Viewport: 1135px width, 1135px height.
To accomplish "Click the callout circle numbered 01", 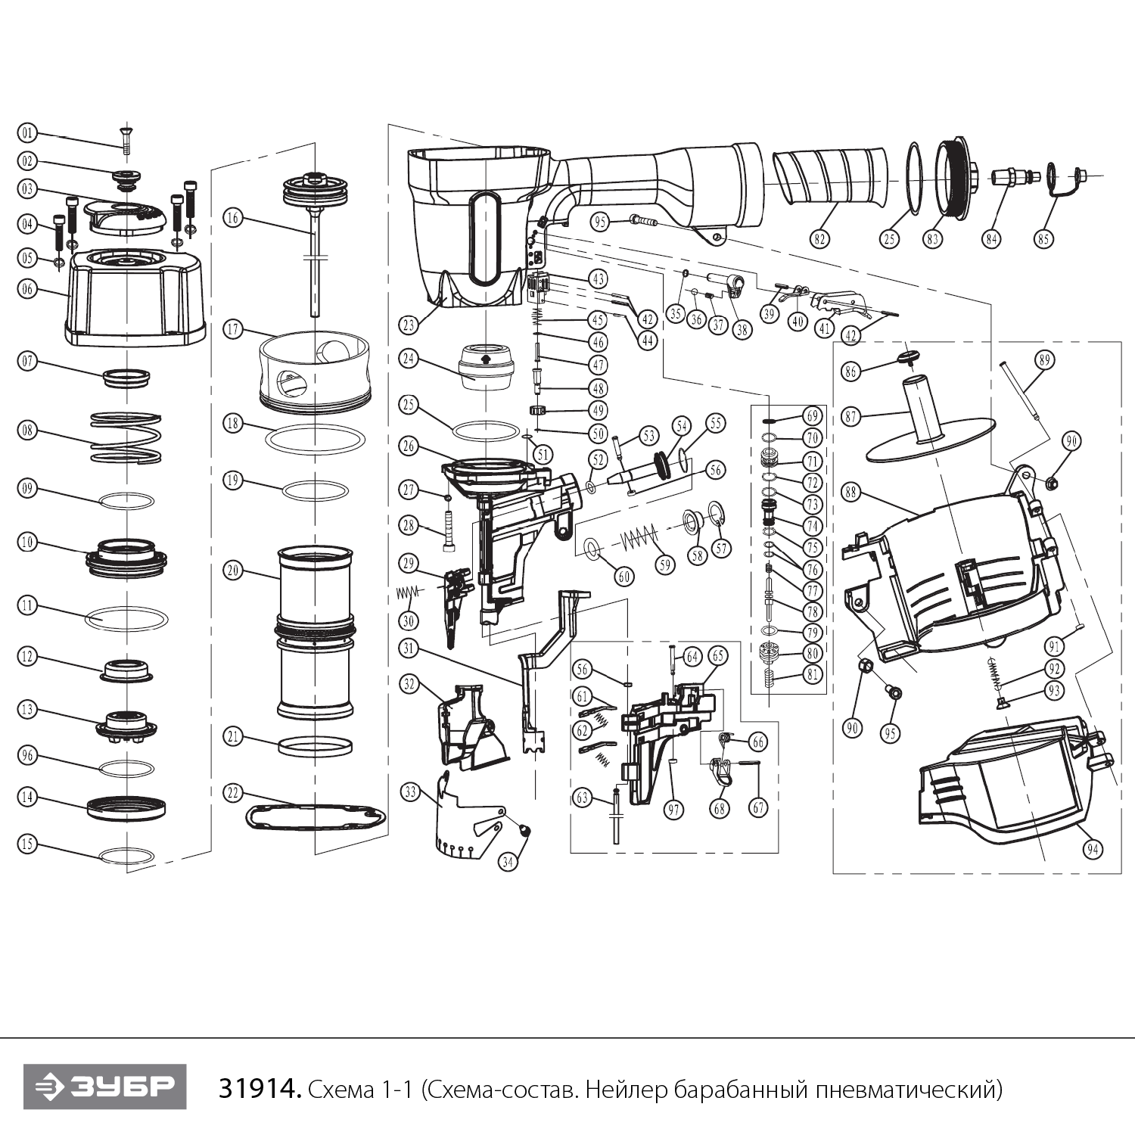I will coord(27,134).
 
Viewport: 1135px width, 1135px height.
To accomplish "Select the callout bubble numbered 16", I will coord(233,218).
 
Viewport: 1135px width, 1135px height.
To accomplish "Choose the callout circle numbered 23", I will coord(409,325).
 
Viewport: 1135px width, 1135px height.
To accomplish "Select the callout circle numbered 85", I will coord(1044,238).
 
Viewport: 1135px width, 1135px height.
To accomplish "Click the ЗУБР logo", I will coord(104,1087).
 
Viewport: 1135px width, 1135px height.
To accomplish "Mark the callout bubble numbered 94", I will coord(1092,850).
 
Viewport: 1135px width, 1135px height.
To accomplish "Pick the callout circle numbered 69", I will coord(813,416).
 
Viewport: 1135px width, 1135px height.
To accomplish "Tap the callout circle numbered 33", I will coord(409,793).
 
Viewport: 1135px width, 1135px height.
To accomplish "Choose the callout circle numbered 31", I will coord(409,648).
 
